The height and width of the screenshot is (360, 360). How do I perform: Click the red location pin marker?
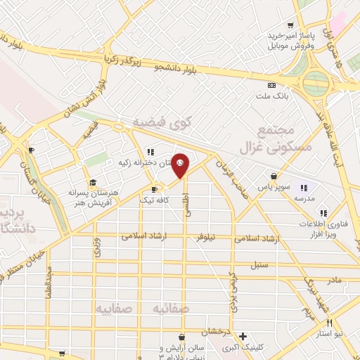[x=181, y=165]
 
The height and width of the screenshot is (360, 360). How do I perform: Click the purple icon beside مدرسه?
[x=304, y=187]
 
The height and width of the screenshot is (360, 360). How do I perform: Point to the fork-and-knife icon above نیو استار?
[x=329, y=322]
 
